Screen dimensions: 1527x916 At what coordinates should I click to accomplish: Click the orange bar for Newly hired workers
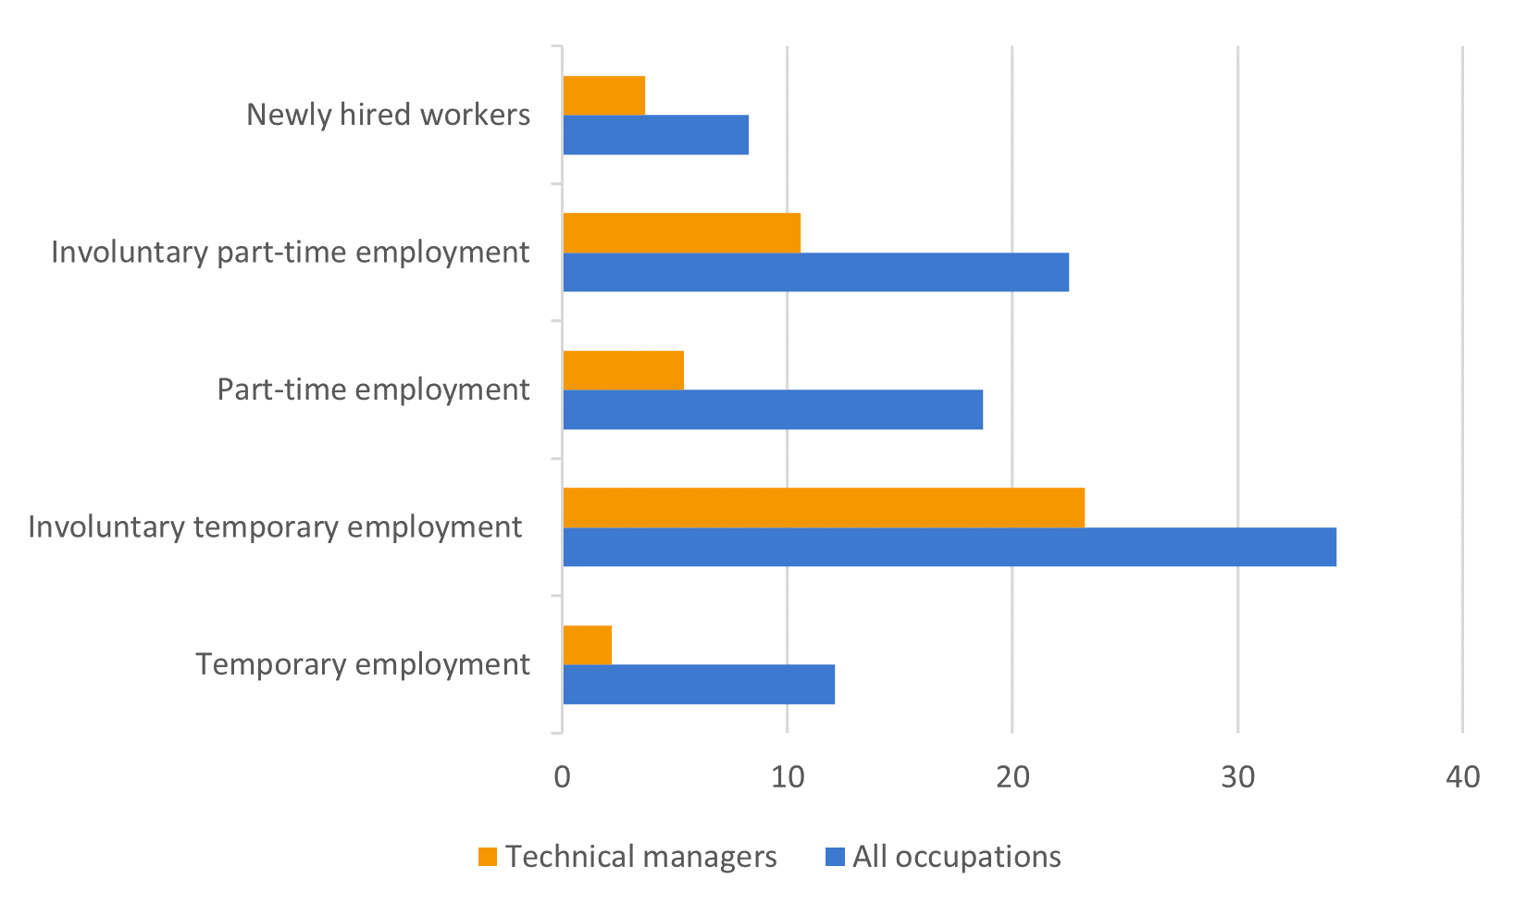click(x=604, y=95)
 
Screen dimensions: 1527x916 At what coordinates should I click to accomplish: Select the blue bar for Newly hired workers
click(x=656, y=135)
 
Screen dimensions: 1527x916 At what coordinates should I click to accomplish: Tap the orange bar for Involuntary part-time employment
click(x=682, y=233)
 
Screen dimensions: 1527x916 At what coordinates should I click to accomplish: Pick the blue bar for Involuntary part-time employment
click(x=816, y=272)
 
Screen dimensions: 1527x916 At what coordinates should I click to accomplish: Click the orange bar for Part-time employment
click(x=624, y=370)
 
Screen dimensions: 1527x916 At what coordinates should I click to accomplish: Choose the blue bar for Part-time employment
click(x=773, y=410)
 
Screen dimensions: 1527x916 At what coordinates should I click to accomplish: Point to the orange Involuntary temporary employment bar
click(x=825, y=508)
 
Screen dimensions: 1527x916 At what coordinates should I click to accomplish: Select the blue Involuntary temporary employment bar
click(x=950, y=547)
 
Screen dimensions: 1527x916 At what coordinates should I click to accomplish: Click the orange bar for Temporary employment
click(x=588, y=645)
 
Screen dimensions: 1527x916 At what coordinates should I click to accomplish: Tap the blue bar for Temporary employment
click(x=699, y=685)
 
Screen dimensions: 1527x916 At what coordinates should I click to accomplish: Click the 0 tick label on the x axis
click(x=562, y=777)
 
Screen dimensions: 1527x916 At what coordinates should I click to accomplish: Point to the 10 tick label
click(x=788, y=777)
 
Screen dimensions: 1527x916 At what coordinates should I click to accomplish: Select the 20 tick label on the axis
click(x=1012, y=777)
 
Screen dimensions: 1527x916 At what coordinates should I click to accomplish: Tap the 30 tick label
click(x=1238, y=777)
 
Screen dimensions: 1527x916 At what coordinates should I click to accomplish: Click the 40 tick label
click(x=1463, y=777)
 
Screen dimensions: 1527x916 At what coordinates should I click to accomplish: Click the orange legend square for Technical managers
click(x=488, y=857)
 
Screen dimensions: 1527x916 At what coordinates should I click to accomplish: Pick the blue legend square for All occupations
click(x=835, y=857)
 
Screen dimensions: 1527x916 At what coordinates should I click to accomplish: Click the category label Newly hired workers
click(x=388, y=115)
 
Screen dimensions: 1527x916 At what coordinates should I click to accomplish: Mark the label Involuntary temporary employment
click(x=275, y=527)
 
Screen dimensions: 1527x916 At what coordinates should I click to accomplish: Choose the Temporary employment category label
click(x=363, y=664)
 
